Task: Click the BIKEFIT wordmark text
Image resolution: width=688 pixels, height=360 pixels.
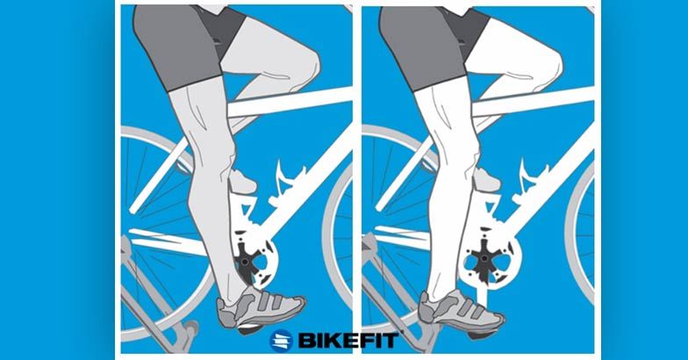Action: [x=348, y=341]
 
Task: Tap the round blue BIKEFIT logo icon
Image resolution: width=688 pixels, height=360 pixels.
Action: [x=281, y=341]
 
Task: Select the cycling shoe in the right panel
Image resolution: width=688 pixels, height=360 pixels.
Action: [x=461, y=310]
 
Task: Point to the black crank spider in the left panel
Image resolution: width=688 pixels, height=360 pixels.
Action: [x=245, y=263]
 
